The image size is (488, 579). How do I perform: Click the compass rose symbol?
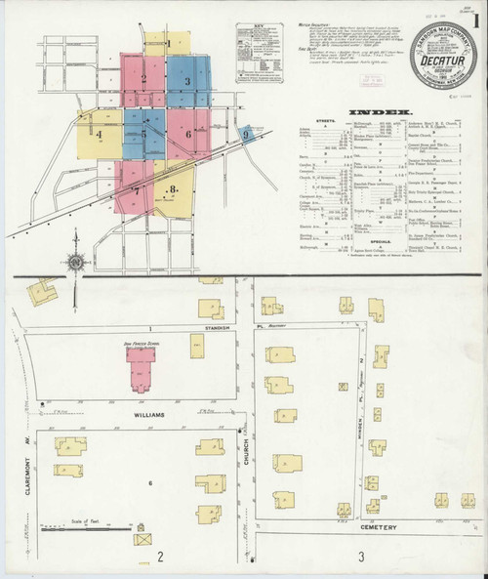tap(75, 261)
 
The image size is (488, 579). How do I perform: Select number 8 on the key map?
tap(172, 188)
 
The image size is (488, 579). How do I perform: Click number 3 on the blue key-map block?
tap(185, 80)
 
